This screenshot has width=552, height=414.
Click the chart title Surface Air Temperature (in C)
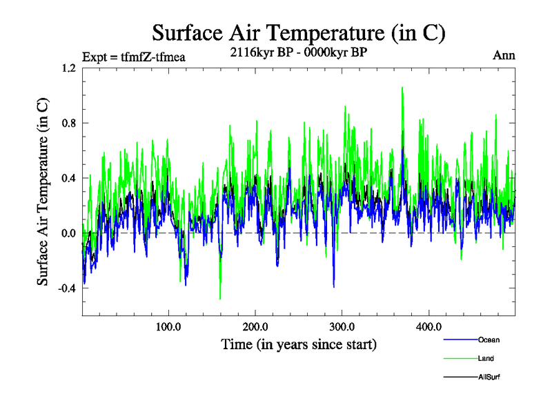pos(299,32)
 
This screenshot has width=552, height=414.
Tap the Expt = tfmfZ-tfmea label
pos(133,57)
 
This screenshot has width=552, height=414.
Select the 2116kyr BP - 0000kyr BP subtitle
pos(298,51)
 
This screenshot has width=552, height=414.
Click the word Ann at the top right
pos(504,55)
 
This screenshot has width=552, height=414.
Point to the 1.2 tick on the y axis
pos(68,68)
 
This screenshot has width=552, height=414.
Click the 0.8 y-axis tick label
pos(68,124)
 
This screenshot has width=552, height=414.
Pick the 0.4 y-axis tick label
pos(68,178)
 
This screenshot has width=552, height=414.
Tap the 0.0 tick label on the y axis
pos(68,233)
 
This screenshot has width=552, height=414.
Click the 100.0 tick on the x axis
pos(168,326)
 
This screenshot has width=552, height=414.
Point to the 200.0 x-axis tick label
pos(255,326)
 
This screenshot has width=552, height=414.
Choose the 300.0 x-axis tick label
pos(342,326)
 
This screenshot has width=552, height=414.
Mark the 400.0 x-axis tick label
pos(429,326)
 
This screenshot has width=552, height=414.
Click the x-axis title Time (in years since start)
pos(299,344)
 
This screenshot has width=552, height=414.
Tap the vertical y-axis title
pos(43,192)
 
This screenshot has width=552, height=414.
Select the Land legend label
pos(486,358)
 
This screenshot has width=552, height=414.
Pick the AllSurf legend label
pos(489,377)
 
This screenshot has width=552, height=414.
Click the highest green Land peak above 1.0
pos(402,88)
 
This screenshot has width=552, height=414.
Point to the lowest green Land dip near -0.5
pos(220,298)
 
